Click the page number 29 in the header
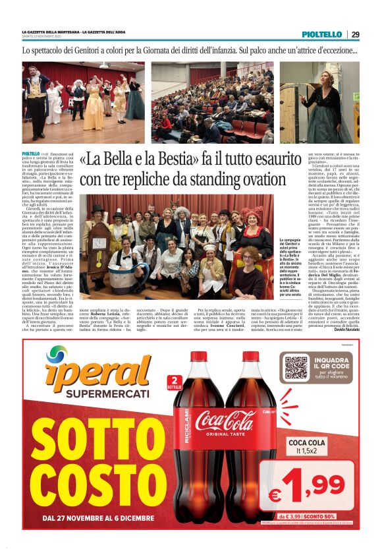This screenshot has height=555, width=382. click(354, 34)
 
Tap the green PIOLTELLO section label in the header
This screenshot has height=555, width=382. click(321, 34)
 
